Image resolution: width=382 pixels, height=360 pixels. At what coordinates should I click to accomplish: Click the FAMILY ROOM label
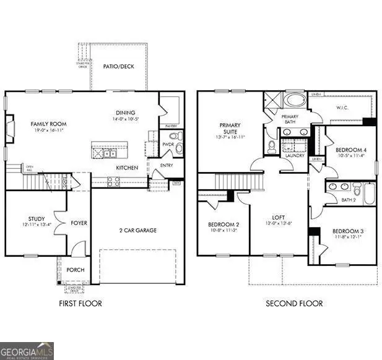click(49, 124)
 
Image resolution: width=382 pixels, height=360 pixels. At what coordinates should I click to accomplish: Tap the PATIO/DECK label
click(119, 67)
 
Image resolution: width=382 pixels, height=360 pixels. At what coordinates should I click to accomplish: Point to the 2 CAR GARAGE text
click(137, 230)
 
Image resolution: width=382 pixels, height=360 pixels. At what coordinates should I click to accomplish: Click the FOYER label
click(79, 223)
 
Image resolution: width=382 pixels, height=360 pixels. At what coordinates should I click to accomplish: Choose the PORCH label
click(76, 270)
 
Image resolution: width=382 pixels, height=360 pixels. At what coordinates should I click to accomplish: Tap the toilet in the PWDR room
click(175, 136)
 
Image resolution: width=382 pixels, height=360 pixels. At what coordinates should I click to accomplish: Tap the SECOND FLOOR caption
click(295, 303)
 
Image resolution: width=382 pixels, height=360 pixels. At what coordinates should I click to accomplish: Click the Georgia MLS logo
click(27, 350)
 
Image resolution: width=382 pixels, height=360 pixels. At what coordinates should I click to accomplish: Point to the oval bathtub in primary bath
click(294, 102)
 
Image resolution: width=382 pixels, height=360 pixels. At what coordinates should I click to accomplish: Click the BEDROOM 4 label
click(351, 150)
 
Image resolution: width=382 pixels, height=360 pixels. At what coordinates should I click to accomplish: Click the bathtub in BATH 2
click(369, 194)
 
